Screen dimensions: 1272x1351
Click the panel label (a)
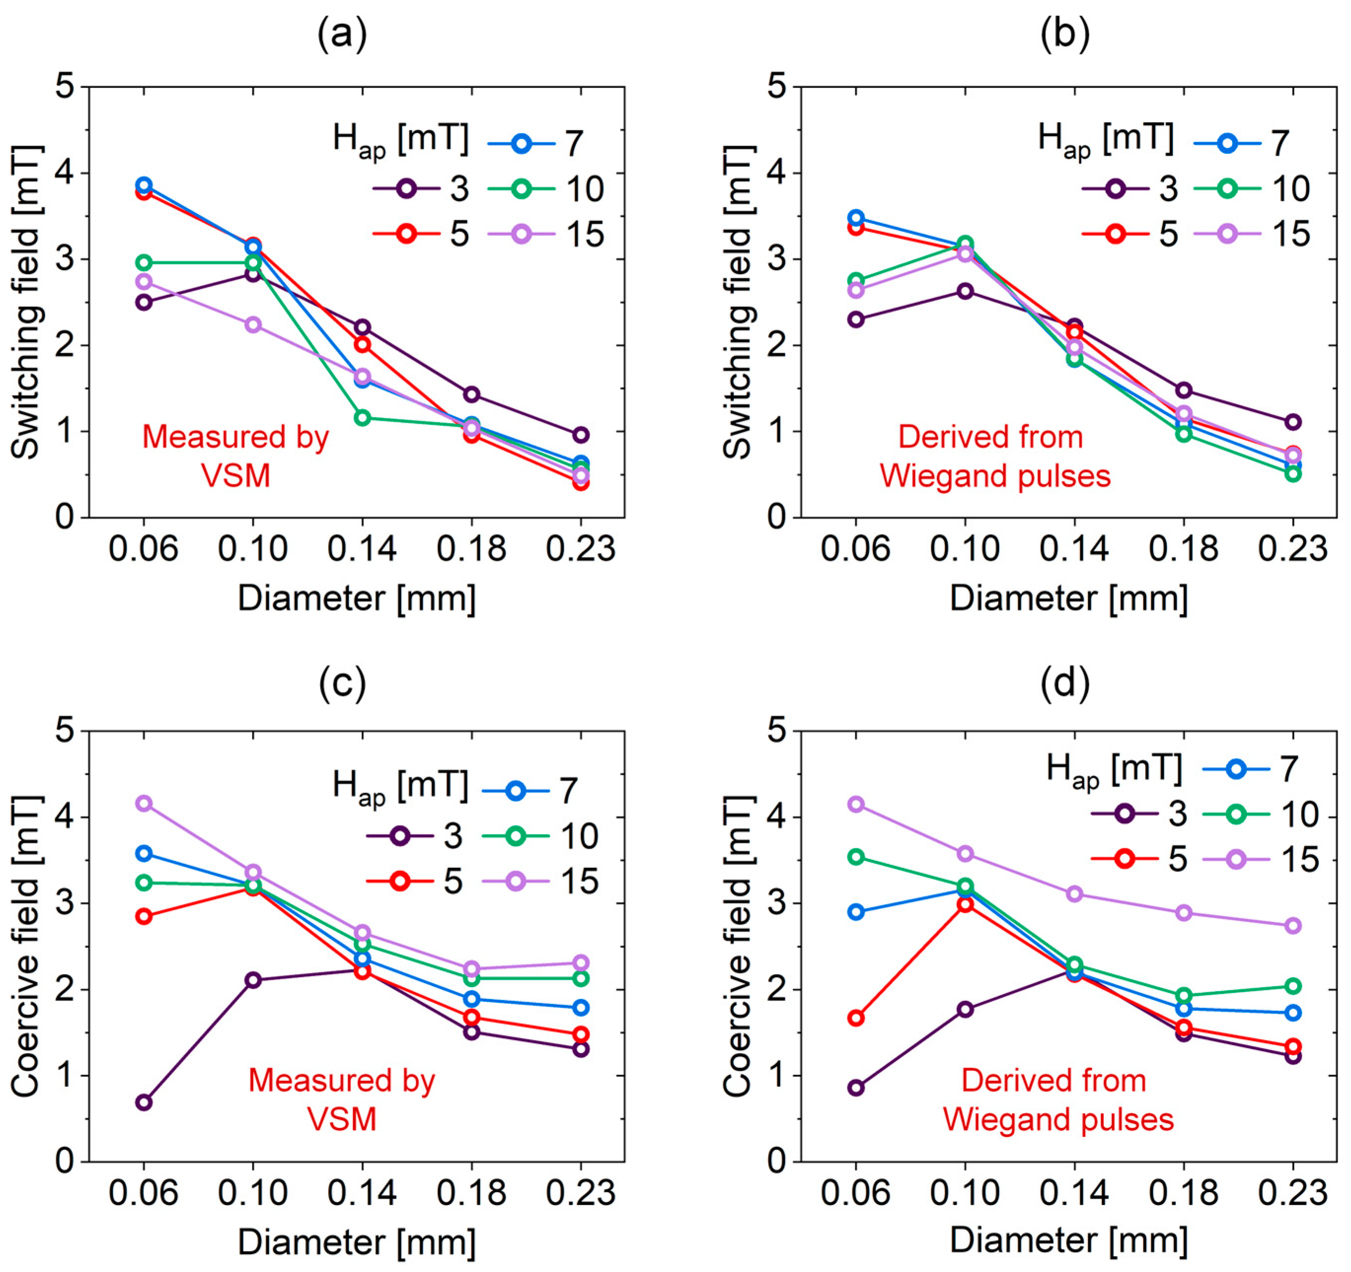click(342, 34)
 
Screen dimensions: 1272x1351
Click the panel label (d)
click(1065, 683)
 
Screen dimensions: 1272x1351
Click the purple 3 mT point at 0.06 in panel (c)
click(144, 1101)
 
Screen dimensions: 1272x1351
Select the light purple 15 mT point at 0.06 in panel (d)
click(856, 804)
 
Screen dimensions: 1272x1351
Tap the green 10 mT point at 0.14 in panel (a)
click(362, 417)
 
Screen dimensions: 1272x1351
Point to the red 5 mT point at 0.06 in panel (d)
click(856, 1017)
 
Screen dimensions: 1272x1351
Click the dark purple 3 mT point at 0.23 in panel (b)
click(1293, 422)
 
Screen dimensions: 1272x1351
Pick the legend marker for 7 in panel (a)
click(521, 143)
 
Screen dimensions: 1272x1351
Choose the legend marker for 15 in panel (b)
click(1227, 234)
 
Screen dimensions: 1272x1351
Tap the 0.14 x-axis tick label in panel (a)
click(362, 549)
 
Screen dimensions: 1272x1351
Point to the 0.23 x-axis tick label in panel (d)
click(1293, 1193)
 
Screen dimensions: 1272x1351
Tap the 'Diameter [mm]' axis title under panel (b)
click(1068, 598)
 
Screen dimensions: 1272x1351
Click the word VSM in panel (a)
click(236, 476)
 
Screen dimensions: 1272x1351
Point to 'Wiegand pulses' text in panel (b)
click(995, 476)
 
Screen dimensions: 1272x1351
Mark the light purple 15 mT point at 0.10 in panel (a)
click(253, 325)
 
